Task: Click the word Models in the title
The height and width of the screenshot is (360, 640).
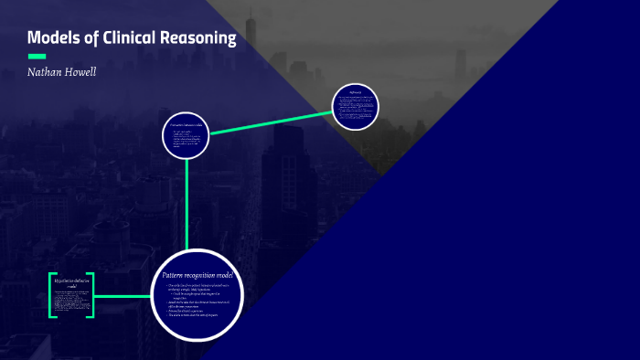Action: click(52, 38)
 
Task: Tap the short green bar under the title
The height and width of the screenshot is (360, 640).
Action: click(37, 56)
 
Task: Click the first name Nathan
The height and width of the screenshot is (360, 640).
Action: click(46, 72)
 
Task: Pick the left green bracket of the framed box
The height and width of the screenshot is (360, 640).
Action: click(51, 294)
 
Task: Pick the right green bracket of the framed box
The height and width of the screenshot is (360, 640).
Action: click(91, 294)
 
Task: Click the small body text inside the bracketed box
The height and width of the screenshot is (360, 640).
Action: click(71, 301)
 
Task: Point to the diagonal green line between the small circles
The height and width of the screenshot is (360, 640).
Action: click(271, 123)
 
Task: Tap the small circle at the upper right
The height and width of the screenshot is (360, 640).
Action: click(355, 107)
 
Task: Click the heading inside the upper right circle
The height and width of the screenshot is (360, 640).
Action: click(355, 92)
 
